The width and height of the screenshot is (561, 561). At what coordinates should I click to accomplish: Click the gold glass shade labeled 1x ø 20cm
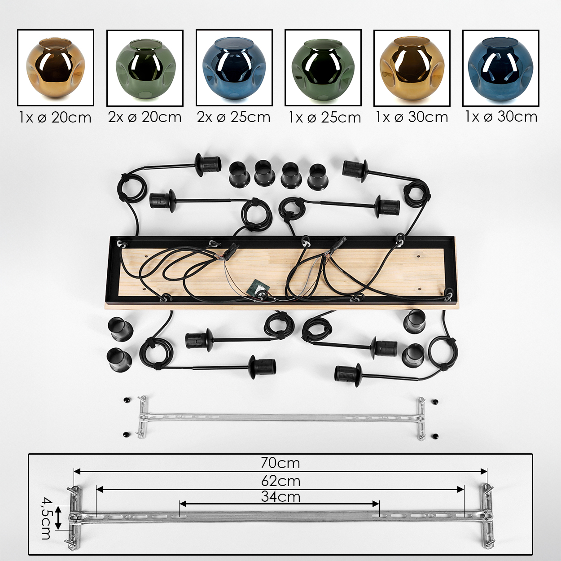[x=56, y=67]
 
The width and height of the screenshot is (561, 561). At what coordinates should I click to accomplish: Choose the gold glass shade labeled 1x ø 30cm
[x=412, y=68]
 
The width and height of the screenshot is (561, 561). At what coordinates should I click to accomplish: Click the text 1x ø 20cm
[x=55, y=118]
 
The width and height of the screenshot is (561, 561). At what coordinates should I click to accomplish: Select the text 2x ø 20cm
[x=145, y=117]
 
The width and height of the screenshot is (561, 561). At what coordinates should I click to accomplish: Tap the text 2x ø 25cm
[x=233, y=117]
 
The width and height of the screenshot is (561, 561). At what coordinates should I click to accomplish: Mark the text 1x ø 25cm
[x=324, y=118]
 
